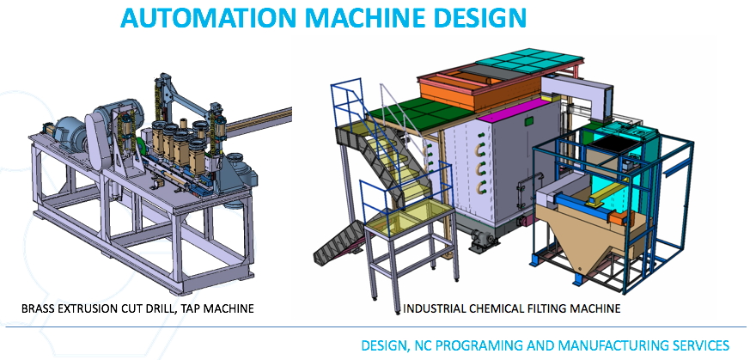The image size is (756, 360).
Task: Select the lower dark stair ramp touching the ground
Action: point(337,244)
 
